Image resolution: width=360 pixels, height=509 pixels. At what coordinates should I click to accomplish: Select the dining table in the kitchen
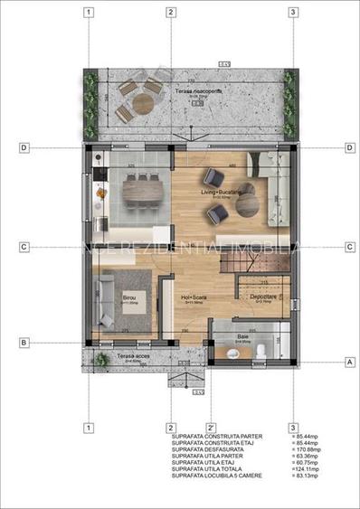(x=143, y=189)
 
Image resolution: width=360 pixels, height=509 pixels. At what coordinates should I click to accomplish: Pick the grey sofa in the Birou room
(x=103, y=298)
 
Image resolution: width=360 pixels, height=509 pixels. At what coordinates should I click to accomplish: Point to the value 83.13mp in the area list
(x=290, y=476)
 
